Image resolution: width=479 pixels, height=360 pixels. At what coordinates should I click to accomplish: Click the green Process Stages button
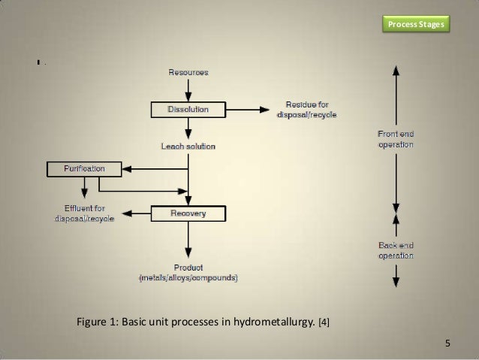pyautogui.click(x=415, y=25)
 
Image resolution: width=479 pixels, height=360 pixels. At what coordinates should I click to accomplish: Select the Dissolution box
pyautogui.click(x=188, y=110)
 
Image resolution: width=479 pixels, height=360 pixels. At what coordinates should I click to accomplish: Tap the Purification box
pyautogui.click(x=74, y=168)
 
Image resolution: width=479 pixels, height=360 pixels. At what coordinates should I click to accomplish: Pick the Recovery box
pyautogui.click(x=188, y=214)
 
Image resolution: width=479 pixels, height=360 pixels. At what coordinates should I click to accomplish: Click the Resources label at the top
pyautogui.click(x=188, y=72)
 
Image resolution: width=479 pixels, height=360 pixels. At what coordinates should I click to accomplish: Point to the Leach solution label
pyautogui.click(x=188, y=146)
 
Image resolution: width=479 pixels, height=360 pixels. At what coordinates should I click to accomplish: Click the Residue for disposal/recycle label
pyautogui.click(x=306, y=110)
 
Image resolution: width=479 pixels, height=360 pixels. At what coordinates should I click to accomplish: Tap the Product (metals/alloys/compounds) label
pyautogui.click(x=188, y=273)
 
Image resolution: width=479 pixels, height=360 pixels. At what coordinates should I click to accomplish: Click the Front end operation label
pyautogui.click(x=396, y=139)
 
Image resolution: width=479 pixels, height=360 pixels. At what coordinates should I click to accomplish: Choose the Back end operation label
pyautogui.click(x=396, y=251)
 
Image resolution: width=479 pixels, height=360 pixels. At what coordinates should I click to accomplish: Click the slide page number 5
pyautogui.click(x=448, y=344)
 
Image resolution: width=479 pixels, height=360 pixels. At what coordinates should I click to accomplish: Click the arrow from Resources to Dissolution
pyautogui.click(x=188, y=89)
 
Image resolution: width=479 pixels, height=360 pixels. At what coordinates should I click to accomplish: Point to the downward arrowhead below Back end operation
pyautogui.click(x=396, y=282)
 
